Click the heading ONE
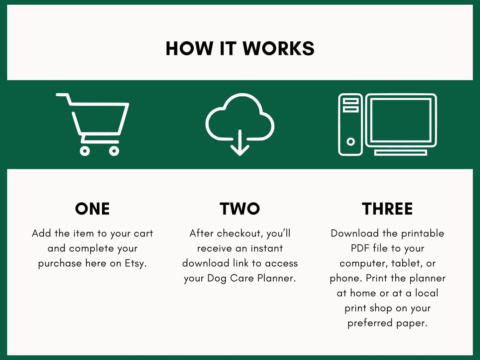92,209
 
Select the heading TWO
240,209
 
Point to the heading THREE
387,209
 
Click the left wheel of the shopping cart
85,151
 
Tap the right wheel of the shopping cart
114,151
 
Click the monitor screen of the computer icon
401,120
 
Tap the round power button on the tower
350,142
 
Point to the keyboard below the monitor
401,153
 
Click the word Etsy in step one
136,263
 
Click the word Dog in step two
217,278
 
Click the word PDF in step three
360,248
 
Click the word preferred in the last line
370,323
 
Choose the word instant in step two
266,248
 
